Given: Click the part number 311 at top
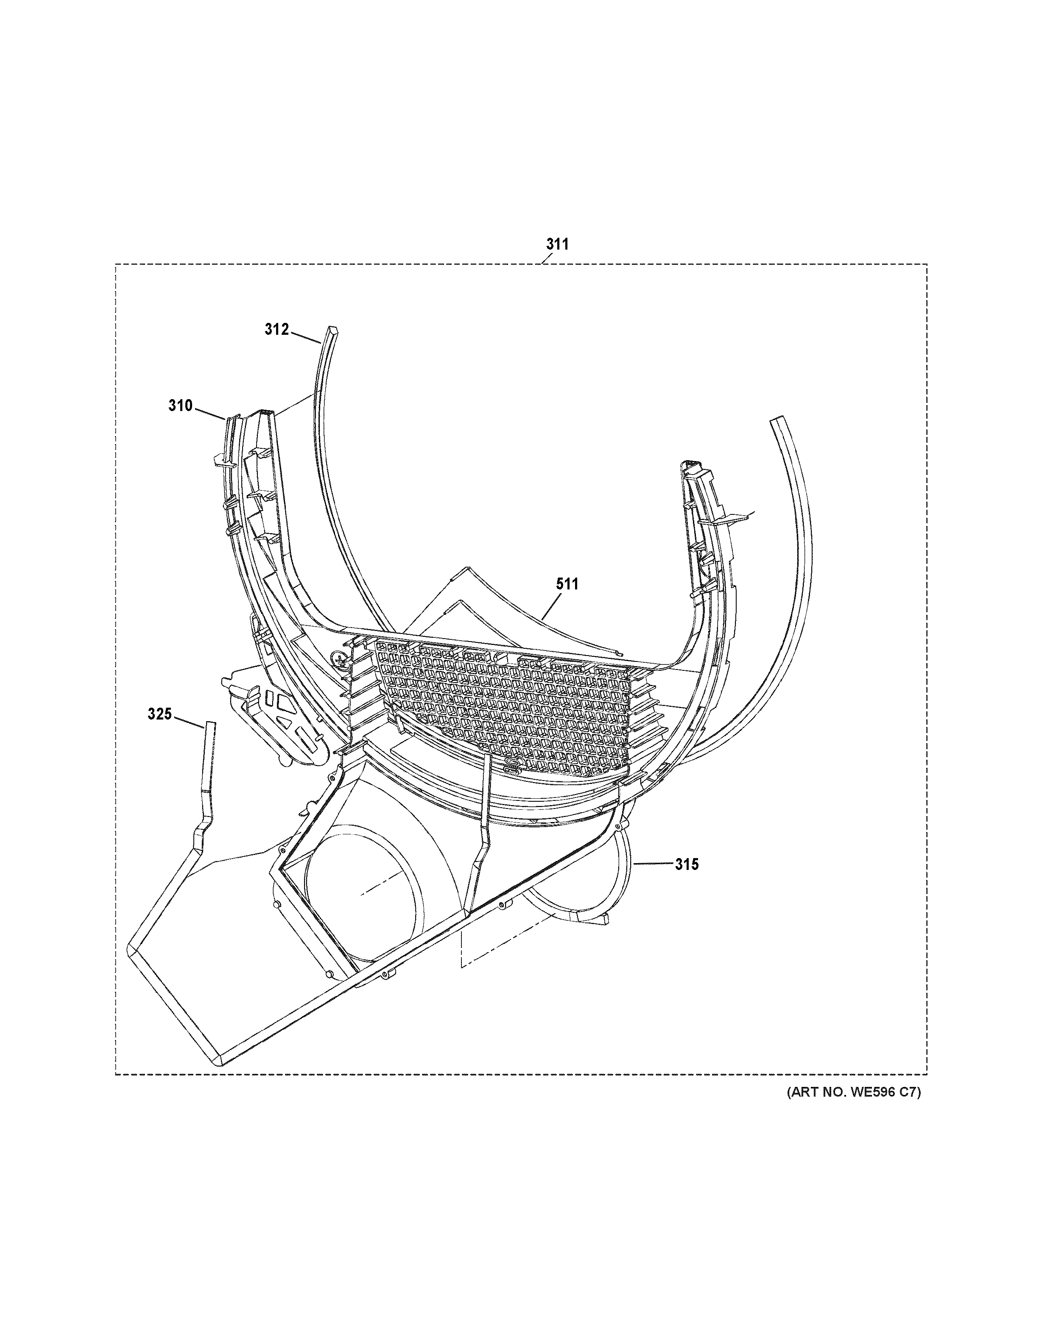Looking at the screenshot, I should click(558, 244).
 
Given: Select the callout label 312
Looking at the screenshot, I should click(277, 329).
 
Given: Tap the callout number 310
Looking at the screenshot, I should click(181, 406).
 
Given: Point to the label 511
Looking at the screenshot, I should click(567, 584).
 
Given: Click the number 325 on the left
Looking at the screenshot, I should click(159, 714).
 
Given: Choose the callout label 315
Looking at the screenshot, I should click(687, 864).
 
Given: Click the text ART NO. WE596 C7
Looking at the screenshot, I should click(854, 1092).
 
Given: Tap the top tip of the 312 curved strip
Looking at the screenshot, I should click(332, 330).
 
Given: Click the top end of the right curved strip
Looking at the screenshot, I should click(778, 420).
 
